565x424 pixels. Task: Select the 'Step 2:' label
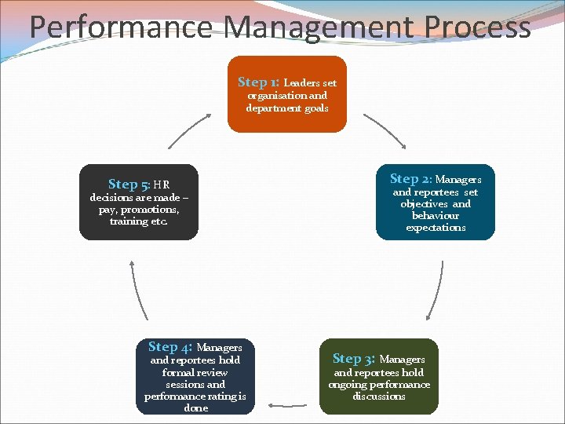click(x=410, y=179)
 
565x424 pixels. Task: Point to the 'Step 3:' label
click(x=353, y=359)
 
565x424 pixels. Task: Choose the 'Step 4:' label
click(x=169, y=346)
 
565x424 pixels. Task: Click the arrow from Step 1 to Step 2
click(x=385, y=130)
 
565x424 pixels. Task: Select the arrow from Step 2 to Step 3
click(x=436, y=291)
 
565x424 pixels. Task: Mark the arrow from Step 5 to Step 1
click(x=188, y=130)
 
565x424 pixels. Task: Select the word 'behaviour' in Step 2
click(x=436, y=215)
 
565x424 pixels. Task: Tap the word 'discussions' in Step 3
click(x=379, y=397)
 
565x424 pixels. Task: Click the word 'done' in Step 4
click(x=195, y=408)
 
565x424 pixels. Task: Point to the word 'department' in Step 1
click(x=268, y=108)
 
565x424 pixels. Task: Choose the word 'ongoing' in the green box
click(x=348, y=385)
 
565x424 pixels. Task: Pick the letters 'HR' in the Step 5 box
click(x=162, y=185)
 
